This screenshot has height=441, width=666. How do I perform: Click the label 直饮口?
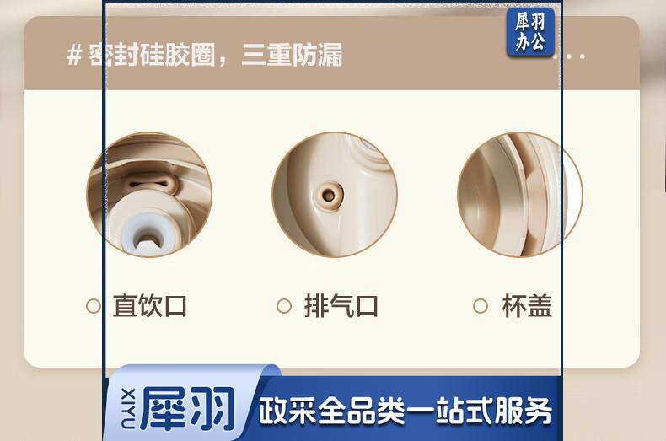[150, 305]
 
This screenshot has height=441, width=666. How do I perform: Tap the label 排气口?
[341, 305]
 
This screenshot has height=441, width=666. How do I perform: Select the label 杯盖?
[527, 305]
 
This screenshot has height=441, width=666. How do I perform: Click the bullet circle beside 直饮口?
[94, 306]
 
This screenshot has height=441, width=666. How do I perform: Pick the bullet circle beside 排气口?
[284, 306]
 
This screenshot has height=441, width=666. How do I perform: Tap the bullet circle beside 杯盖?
[480, 306]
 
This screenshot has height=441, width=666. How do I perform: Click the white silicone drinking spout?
[148, 234]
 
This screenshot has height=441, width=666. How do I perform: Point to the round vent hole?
[328, 195]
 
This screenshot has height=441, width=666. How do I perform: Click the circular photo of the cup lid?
[520, 195]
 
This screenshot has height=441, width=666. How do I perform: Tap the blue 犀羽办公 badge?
[530, 32]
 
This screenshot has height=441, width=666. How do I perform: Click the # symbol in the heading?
[74, 56]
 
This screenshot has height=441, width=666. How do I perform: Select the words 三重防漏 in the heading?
[293, 56]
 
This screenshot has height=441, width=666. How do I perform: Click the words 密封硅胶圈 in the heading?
[152, 56]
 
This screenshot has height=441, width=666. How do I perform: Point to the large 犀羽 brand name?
[188, 409]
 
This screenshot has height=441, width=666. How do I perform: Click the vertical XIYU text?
[128, 408]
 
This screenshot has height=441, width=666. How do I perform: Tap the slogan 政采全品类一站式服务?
[406, 411]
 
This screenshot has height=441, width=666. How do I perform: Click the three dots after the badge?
[572, 56]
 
